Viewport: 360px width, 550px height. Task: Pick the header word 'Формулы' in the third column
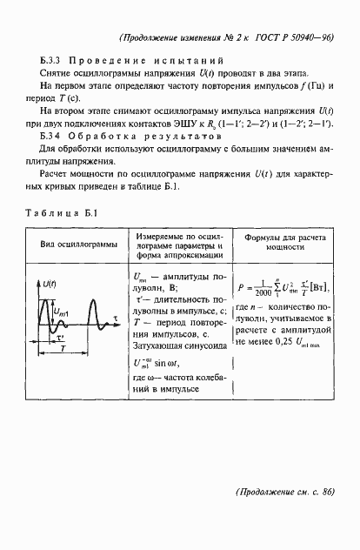click(x=264, y=237)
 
